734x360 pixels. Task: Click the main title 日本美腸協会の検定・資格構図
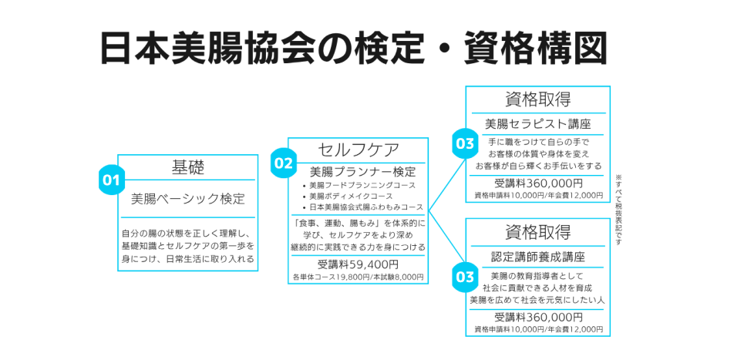click(x=354, y=47)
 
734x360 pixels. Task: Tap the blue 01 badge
click(x=111, y=180)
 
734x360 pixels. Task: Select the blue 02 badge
click(x=283, y=163)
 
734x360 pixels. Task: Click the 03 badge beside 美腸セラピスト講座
click(x=465, y=143)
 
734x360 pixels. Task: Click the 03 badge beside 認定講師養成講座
click(x=465, y=275)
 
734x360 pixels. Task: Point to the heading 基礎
click(x=187, y=167)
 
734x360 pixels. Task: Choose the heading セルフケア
click(x=359, y=149)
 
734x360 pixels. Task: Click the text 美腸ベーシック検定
click(x=187, y=198)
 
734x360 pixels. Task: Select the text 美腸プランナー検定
click(x=362, y=171)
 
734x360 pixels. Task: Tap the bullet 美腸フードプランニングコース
click(x=362, y=185)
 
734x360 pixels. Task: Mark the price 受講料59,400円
click(x=358, y=264)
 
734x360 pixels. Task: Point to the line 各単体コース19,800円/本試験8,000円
click(x=358, y=277)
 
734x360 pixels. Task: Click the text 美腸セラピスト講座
click(x=537, y=123)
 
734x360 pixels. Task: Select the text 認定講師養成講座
click(x=537, y=256)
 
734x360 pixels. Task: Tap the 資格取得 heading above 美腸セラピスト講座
click(x=537, y=99)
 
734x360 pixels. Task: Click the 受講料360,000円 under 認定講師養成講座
click(x=538, y=317)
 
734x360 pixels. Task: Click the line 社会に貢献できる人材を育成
click(x=537, y=288)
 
